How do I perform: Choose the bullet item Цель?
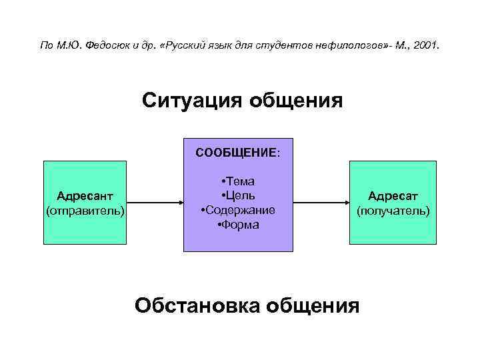pos(239,196)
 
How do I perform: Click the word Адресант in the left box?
pos(85,197)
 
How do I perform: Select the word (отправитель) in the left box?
pos(85,211)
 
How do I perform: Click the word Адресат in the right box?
pos(393,197)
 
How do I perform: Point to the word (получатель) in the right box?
pos(393,211)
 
